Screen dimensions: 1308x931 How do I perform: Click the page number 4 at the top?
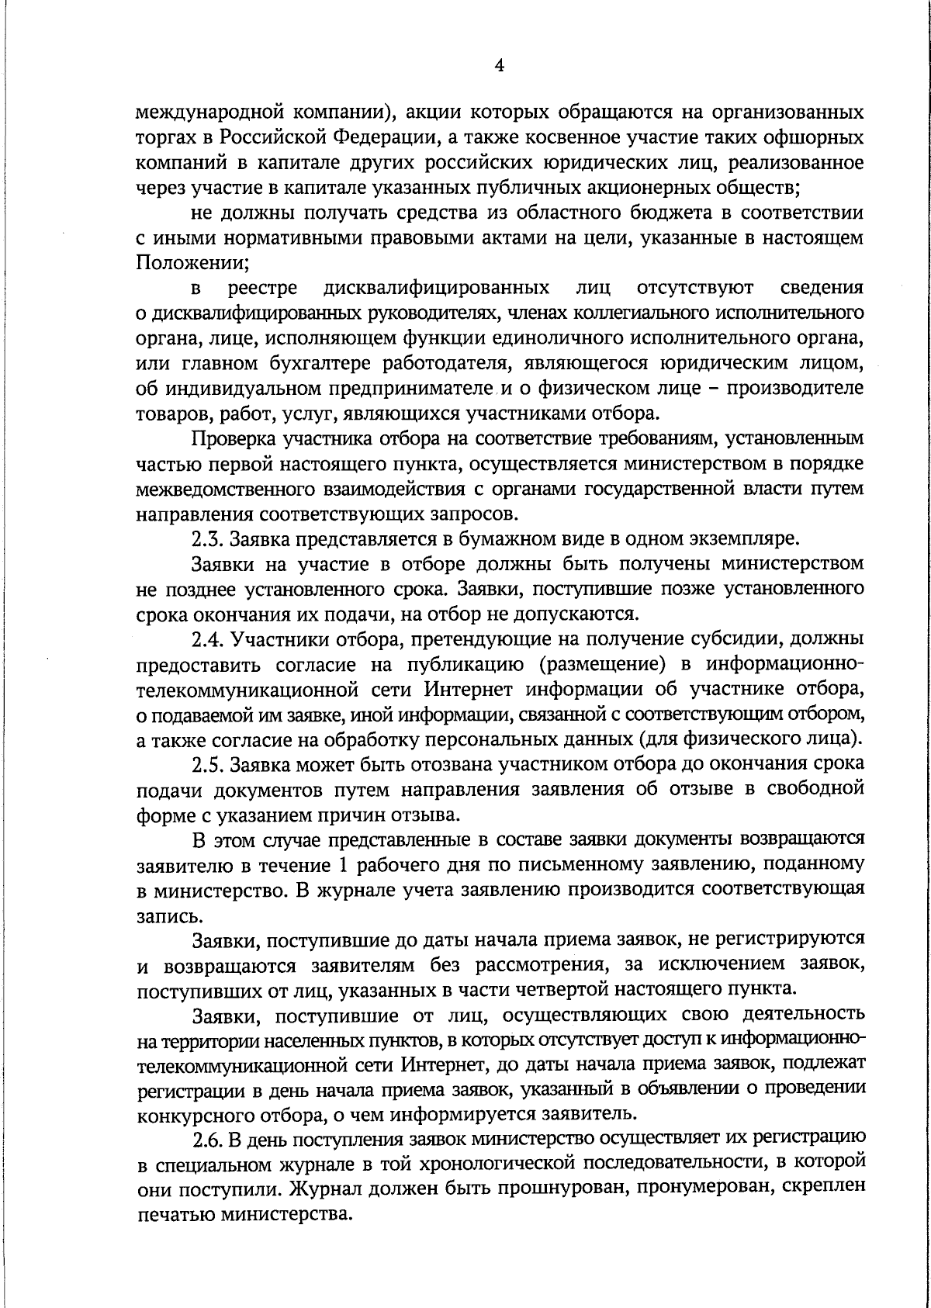(499, 67)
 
